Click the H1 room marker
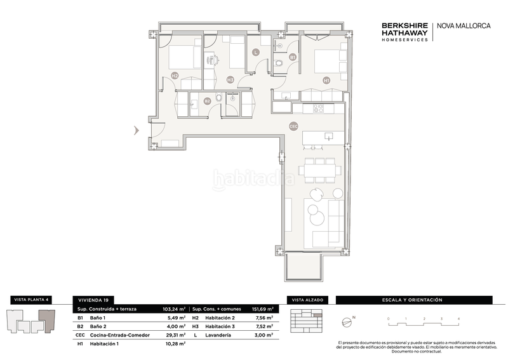point(326,81)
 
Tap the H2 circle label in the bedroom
point(175,76)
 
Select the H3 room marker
point(230,79)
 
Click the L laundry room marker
point(256,53)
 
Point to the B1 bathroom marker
point(292,57)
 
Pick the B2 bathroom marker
point(207,100)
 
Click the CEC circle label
point(293,126)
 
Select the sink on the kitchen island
point(328,136)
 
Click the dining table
point(321,170)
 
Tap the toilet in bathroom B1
point(279,63)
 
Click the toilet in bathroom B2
point(219,99)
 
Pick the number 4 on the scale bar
point(458,317)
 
